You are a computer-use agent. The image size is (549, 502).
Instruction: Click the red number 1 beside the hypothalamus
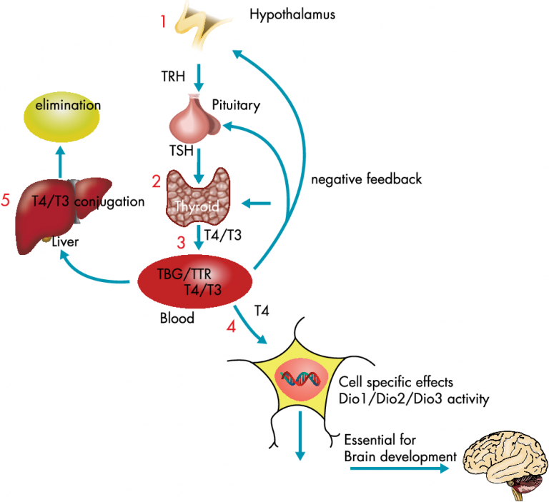pyautogui.click(x=163, y=21)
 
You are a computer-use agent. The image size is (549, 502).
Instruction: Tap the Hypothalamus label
pyautogui.click(x=292, y=14)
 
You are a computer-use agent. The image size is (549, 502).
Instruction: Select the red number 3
pyautogui.click(x=181, y=241)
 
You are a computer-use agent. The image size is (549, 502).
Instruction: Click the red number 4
pyautogui.click(x=231, y=327)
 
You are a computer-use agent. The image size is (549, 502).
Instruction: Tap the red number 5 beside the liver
pyautogui.click(x=6, y=201)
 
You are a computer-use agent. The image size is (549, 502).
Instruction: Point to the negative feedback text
pyautogui.click(x=366, y=179)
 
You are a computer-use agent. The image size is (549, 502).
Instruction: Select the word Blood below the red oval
pyautogui.click(x=177, y=318)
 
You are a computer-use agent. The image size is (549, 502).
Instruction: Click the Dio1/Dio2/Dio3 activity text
pyautogui.click(x=413, y=399)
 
